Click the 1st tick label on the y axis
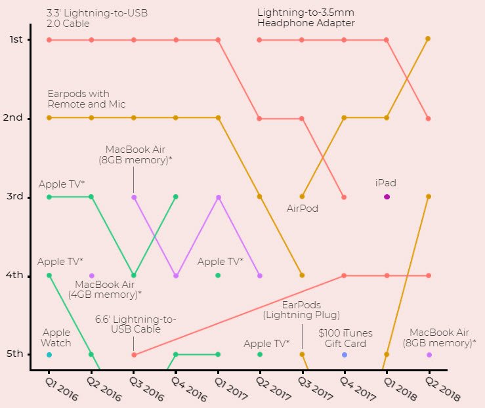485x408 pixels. coord(16,40)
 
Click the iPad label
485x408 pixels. coord(386,183)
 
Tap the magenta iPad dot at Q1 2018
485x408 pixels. coord(387,197)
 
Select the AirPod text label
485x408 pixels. coord(303,209)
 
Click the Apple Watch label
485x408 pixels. coord(56,338)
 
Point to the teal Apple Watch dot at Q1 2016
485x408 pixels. coord(49,354)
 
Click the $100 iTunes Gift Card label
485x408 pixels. coord(343,338)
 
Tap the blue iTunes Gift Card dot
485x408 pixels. coord(345,354)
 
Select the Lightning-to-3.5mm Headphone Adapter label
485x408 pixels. coord(306,18)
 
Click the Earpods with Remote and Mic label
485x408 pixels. coord(78,99)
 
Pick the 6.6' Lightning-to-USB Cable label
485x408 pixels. coord(136,324)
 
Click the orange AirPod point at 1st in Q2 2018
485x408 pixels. coord(428,39)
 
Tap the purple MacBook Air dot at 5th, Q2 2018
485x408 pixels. coord(429,354)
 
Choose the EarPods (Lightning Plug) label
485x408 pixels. coord(302,310)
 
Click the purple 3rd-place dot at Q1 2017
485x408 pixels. coord(219,197)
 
